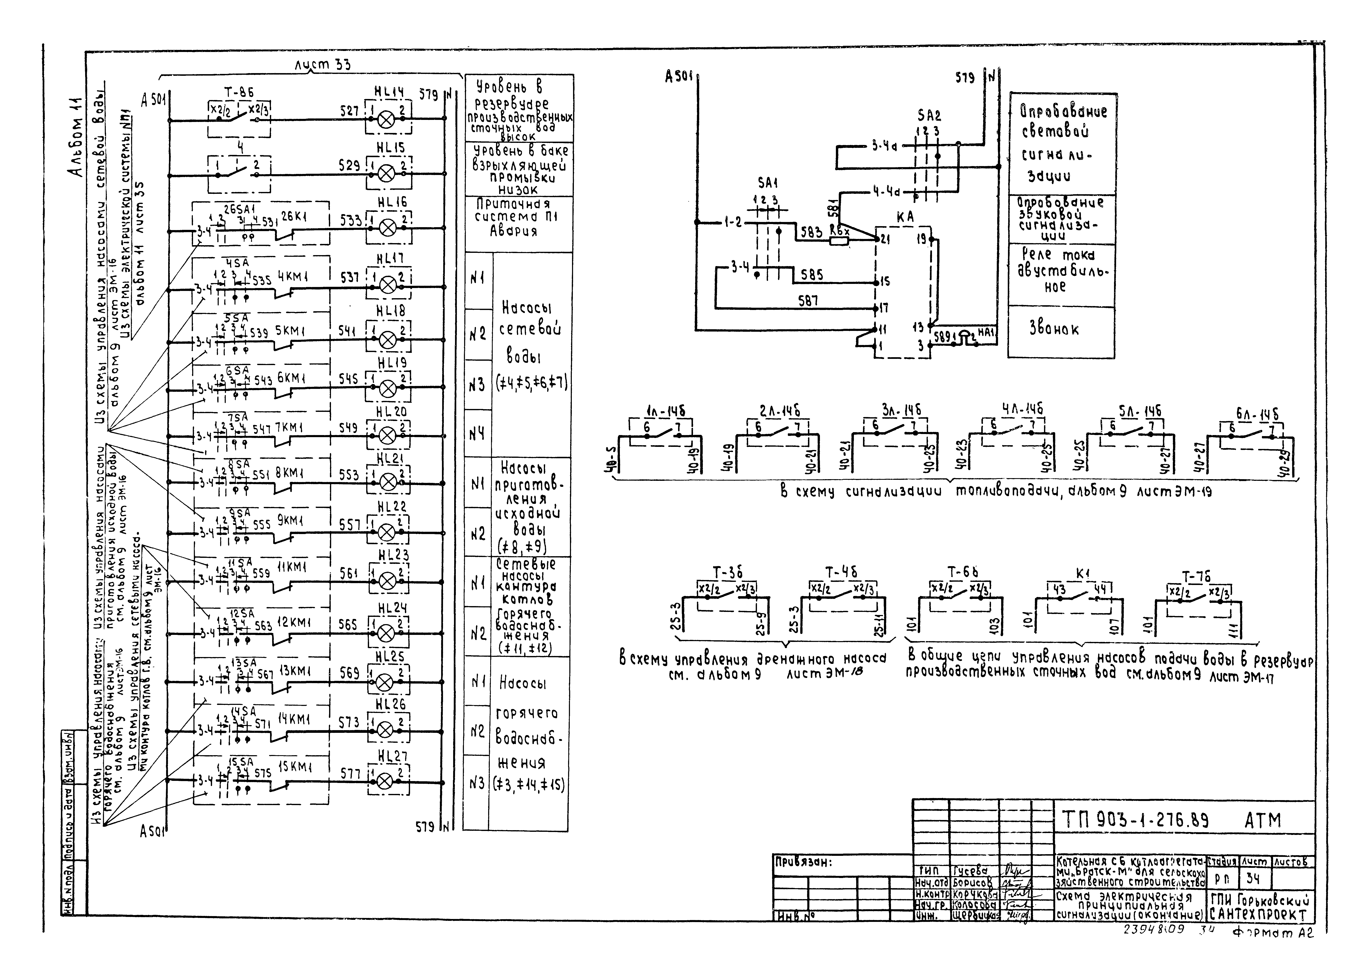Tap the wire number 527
click(x=349, y=111)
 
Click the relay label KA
click(x=905, y=217)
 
